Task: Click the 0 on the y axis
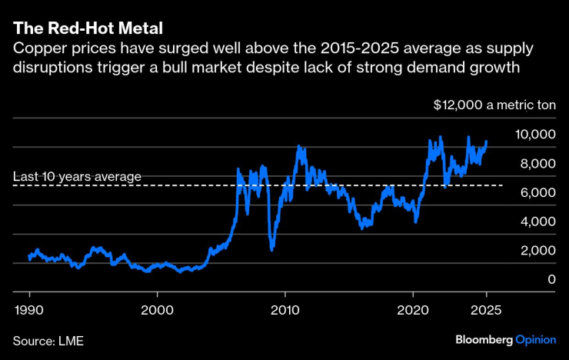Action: [x=551, y=280]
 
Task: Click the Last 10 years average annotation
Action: [x=77, y=177]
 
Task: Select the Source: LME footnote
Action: [x=47, y=339]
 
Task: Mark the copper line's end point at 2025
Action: [x=486, y=142]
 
